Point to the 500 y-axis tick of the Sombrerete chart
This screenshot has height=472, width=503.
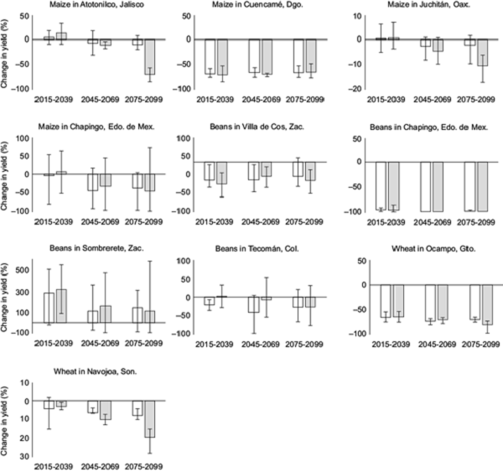[x=25, y=271]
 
